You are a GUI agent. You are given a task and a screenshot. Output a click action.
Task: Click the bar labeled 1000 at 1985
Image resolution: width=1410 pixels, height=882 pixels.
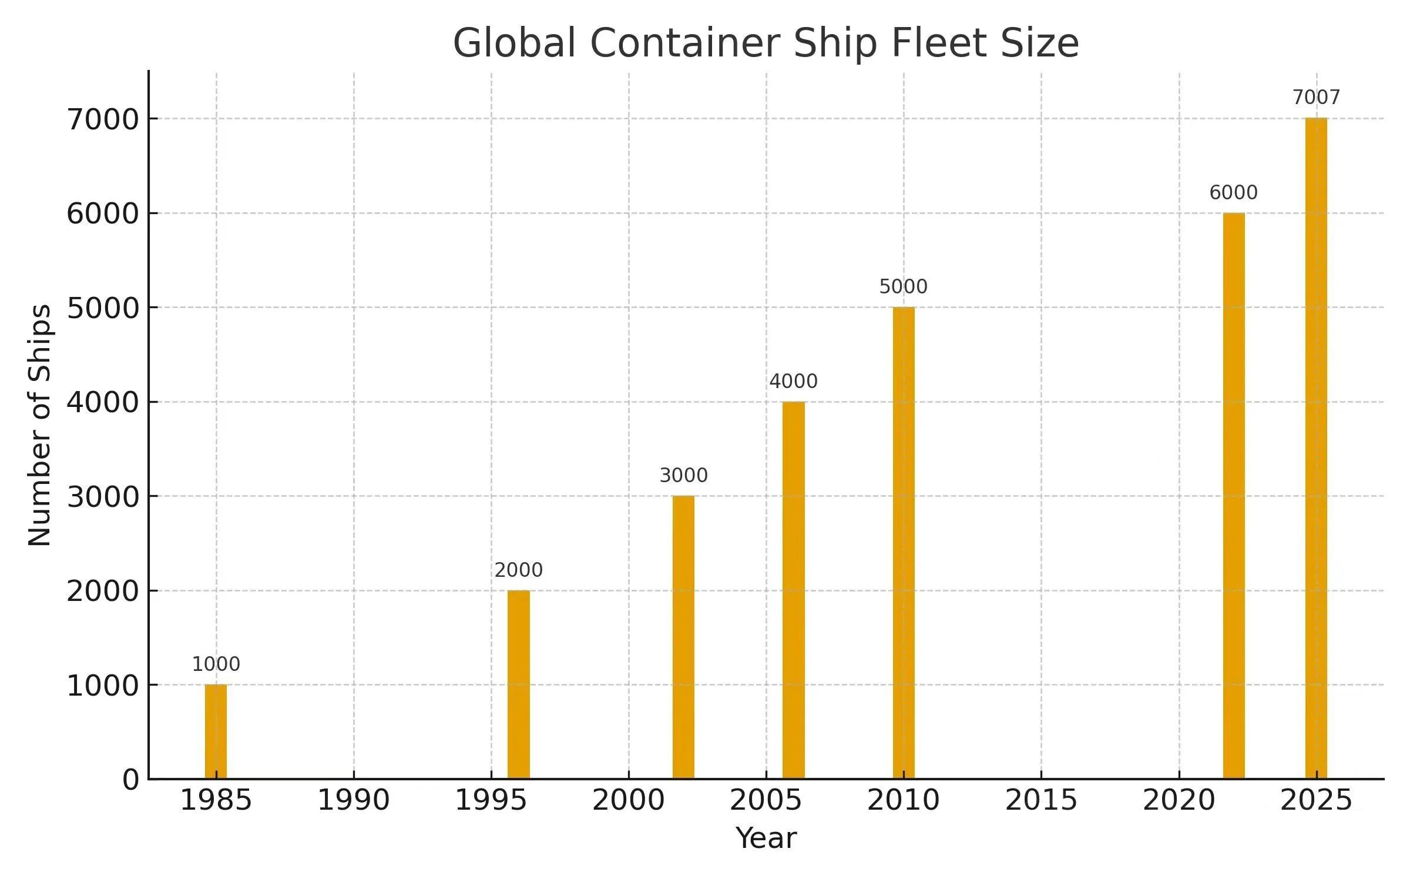pos(216,731)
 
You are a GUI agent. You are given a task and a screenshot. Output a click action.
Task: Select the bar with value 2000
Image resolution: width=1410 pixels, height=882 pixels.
pos(518,684)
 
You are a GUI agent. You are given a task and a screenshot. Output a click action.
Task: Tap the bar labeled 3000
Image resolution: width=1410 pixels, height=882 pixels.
pos(683,637)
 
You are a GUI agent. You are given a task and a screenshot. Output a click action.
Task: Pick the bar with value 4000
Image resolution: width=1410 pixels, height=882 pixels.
pos(793,590)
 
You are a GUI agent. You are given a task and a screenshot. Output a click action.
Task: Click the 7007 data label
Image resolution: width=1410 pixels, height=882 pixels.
pos(1316,98)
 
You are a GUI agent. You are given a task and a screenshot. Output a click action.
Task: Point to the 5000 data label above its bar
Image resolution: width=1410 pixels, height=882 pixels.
pos(903,287)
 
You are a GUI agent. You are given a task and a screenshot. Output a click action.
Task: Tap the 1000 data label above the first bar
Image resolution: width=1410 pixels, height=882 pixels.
pos(216,664)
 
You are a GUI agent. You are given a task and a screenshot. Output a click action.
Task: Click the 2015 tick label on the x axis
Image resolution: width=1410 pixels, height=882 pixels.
pos(1041,801)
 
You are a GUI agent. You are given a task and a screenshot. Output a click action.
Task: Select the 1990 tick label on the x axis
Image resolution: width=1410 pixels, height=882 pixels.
pos(353,801)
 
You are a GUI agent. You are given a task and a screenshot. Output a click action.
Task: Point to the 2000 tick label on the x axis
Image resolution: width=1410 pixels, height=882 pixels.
pos(628,801)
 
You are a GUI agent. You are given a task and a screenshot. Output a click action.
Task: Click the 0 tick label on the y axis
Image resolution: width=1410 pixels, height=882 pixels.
pos(131,780)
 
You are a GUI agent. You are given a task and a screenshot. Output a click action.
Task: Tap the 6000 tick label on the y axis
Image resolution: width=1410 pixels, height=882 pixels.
pos(102,214)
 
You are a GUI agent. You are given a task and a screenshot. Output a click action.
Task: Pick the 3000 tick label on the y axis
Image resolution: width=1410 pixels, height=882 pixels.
pos(102,497)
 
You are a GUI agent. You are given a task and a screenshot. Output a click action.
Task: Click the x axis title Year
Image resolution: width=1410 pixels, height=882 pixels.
pos(766,838)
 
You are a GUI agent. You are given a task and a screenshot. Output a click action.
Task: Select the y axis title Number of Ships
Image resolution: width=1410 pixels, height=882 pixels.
pos(40,425)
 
